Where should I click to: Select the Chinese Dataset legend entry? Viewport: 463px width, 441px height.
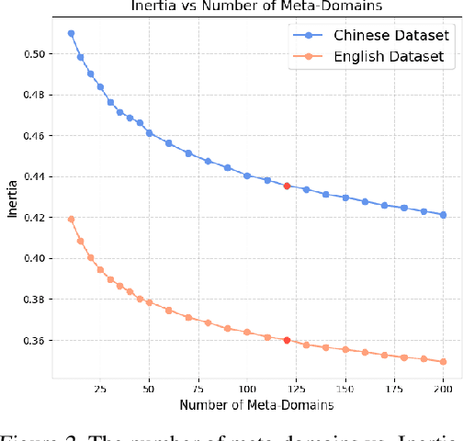[x=388, y=36]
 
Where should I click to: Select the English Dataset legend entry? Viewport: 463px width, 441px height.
[x=388, y=56]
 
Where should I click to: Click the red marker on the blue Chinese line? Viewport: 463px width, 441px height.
[x=287, y=186]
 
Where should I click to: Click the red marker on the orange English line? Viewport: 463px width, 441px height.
[x=287, y=340]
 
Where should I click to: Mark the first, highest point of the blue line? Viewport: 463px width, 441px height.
[x=71, y=33]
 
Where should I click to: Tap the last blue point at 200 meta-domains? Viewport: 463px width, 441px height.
[x=444, y=215]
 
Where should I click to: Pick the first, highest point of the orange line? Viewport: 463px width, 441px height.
[x=71, y=219]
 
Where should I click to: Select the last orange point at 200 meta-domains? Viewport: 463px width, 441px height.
[x=444, y=361]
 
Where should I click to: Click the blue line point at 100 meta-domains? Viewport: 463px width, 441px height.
[x=247, y=175]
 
